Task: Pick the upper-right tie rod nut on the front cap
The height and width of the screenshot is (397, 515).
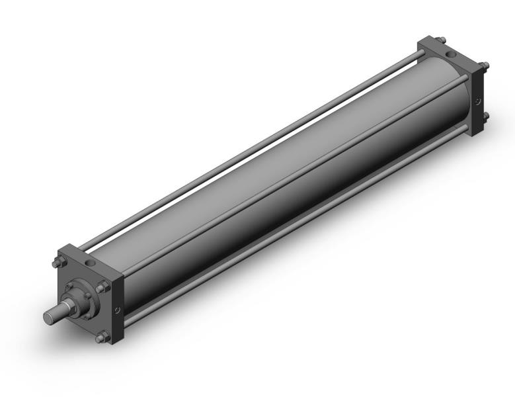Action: pyautogui.click(x=102, y=287)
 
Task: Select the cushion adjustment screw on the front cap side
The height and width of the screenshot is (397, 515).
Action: pyautogui.click(x=117, y=309)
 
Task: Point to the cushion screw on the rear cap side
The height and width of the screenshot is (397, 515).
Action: pyautogui.click(x=479, y=101)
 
